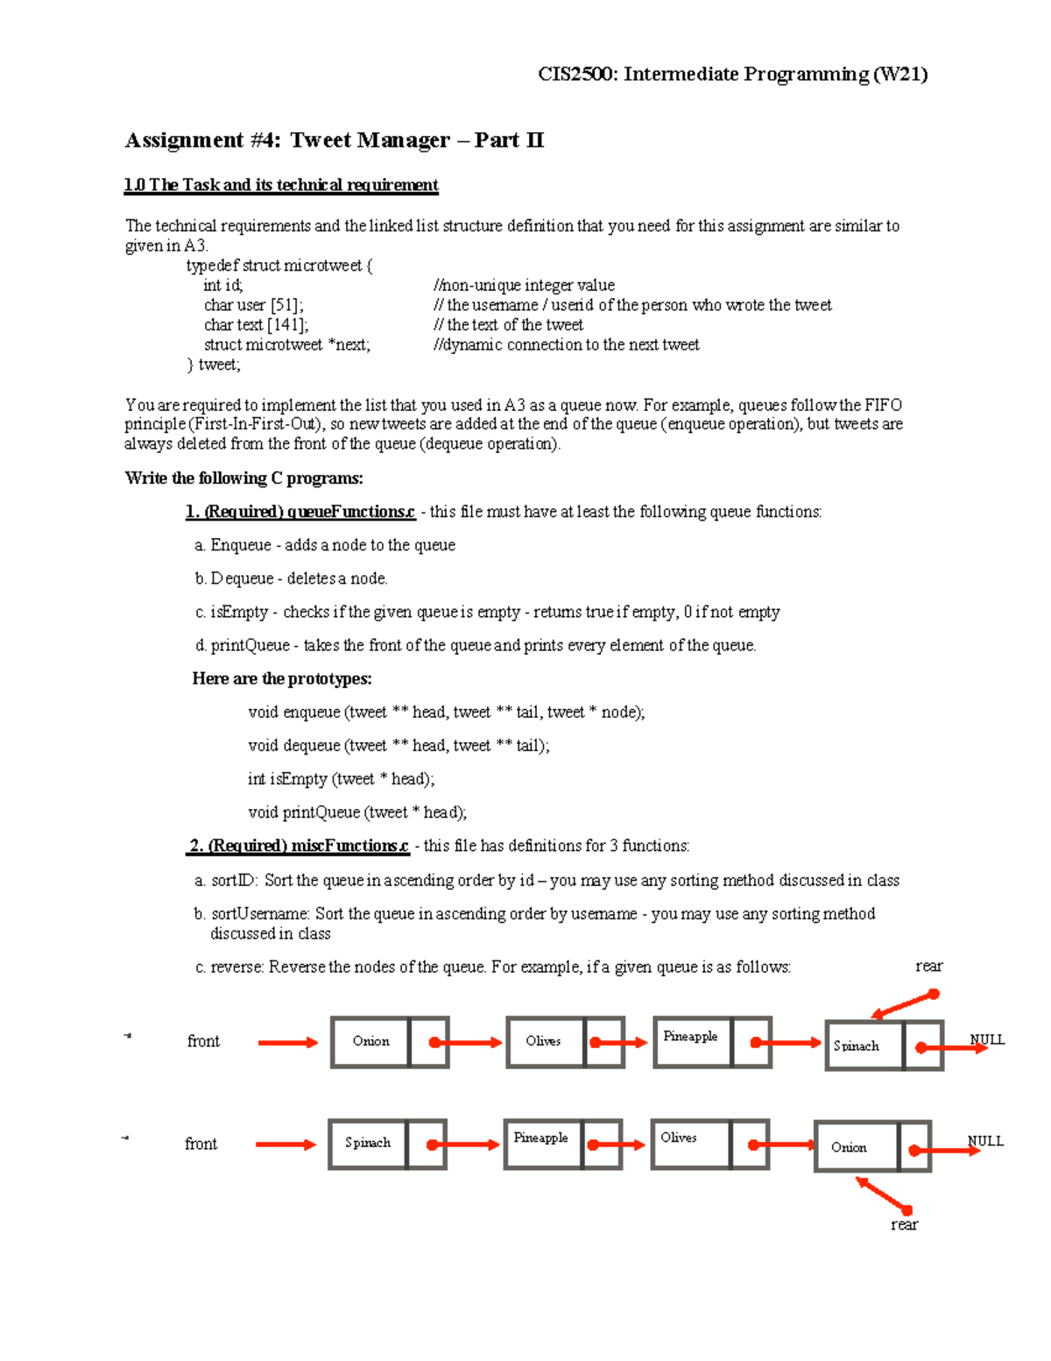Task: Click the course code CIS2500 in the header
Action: click(x=577, y=74)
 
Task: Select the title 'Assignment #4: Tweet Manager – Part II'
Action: click(x=335, y=140)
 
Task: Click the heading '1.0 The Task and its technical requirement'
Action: click(x=281, y=185)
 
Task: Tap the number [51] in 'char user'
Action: click(x=286, y=305)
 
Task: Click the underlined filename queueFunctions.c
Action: click(x=350, y=512)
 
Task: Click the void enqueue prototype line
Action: click(x=446, y=712)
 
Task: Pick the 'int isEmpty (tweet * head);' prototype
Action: click(x=341, y=779)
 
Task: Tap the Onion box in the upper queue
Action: click(x=370, y=1041)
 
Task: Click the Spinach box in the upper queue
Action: click(x=864, y=1046)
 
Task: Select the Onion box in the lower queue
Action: click(x=856, y=1146)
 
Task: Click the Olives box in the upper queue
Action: click(x=544, y=1041)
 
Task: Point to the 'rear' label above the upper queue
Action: click(x=928, y=966)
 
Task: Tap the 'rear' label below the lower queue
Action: click(x=904, y=1224)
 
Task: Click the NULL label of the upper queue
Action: click(x=987, y=1039)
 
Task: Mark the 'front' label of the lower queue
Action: click(x=201, y=1144)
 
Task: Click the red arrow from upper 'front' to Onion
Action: click(x=287, y=1042)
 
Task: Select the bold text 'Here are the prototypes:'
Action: click(x=282, y=678)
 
